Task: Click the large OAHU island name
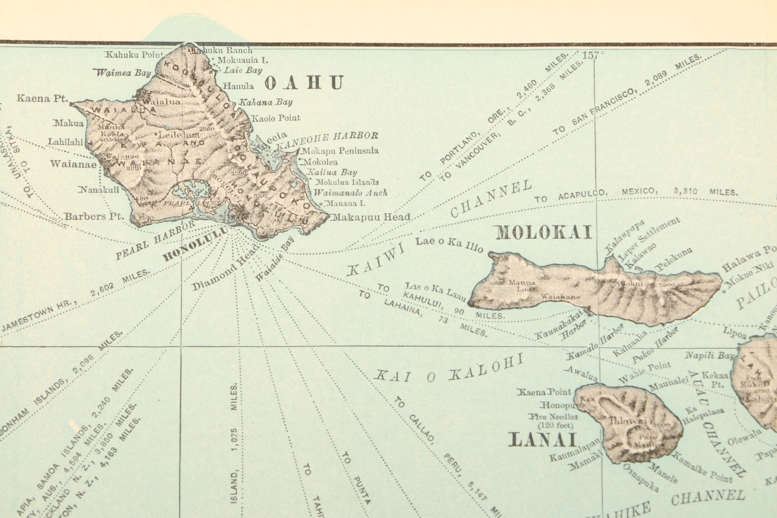click(x=304, y=83)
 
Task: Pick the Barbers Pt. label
click(x=94, y=217)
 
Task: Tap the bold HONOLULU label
click(x=196, y=244)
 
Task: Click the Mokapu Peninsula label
click(x=340, y=151)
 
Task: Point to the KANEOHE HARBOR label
click(x=327, y=140)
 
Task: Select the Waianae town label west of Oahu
click(x=73, y=164)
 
